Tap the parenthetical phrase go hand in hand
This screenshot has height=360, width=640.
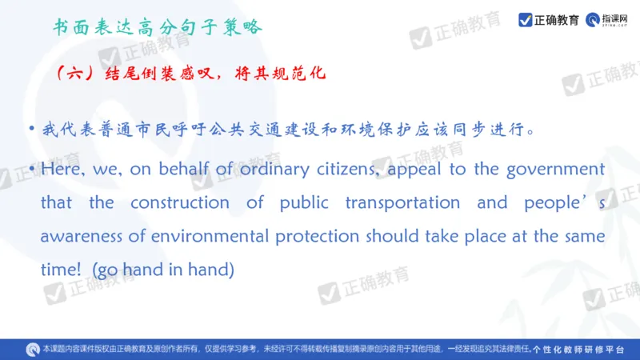click(162, 270)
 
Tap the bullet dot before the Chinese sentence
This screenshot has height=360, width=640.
click(30, 129)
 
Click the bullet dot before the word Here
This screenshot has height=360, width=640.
click(30, 170)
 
